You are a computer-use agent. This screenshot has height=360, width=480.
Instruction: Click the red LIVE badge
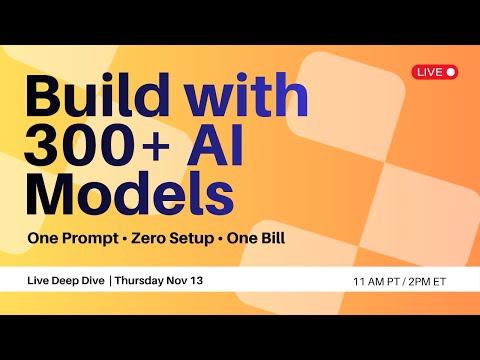tap(435, 71)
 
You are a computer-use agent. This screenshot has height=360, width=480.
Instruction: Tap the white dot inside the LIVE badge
tap(451, 71)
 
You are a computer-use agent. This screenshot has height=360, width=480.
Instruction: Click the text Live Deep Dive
tap(66, 281)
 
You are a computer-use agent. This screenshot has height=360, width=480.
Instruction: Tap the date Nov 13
tap(187, 281)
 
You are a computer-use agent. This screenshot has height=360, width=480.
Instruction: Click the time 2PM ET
tap(424, 282)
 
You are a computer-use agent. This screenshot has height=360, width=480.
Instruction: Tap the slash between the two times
tap(397, 282)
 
